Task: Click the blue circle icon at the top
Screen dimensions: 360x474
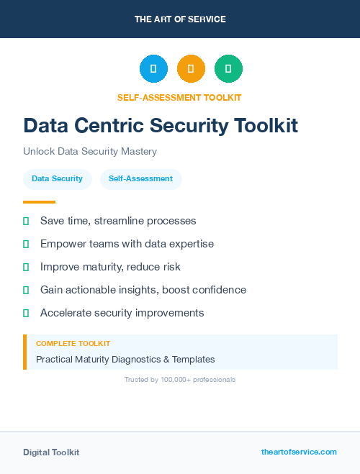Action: [x=153, y=69]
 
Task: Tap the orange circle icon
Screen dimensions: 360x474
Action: [x=191, y=69]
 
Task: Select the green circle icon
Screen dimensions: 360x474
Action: [x=228, y=69]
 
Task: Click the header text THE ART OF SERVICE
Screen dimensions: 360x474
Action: [x=180, y=19]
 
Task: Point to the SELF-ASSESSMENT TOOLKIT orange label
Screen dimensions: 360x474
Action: [x=179, y=97]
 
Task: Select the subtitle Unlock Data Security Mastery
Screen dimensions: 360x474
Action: [x=90, y=152]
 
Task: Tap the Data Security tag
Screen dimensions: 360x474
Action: [x=57, y=178]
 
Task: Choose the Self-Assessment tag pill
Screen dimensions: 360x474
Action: [x=140, y=178]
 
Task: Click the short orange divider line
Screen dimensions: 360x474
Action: [x=39, y=202]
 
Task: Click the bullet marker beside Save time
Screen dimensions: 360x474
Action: [x=26, y=222]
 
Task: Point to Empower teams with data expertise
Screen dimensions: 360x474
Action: [x=127, y=244]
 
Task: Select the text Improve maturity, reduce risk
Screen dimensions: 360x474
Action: [x=110, y=267]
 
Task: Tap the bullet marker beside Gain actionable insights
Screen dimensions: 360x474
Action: [x=26, y=291]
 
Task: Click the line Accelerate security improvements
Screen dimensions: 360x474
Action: [x=122, y=313]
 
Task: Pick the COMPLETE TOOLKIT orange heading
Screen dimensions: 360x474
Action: [x=73, y=344]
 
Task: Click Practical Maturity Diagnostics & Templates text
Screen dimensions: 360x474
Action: [x=125, y=359]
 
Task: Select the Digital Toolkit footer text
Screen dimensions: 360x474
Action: [x=51, y=452]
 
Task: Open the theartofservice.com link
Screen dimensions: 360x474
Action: [x=299, y=452]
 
